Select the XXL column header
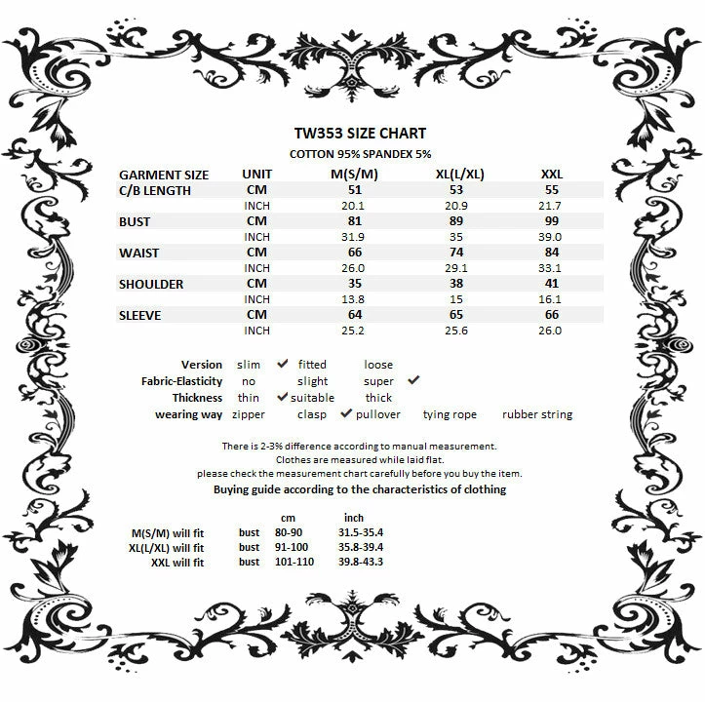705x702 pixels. pos(551,175)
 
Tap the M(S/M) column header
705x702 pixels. pos(355,175)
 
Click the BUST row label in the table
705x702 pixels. pos(134,221)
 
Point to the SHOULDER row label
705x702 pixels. pos(150,284)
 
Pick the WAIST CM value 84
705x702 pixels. pos(551,253)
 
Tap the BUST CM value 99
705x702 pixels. pos(551,221)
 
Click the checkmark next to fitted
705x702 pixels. pos(283,364)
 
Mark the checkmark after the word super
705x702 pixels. pos(412,380)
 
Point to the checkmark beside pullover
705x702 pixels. pos(345,413)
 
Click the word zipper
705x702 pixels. pos(249,414)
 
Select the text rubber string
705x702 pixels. pos(536,414)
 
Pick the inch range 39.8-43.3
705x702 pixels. pos(361,562)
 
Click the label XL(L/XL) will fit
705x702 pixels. pos(166,548)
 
